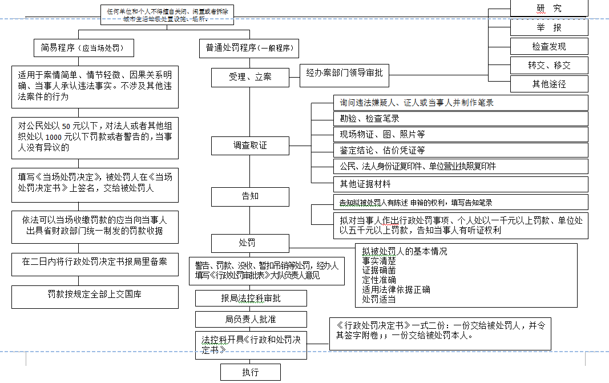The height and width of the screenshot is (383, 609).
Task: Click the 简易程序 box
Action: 83,48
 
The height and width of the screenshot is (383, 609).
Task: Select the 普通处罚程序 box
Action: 249,48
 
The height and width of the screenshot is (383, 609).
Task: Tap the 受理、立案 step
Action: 250,77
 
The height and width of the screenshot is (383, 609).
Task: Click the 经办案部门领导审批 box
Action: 344,73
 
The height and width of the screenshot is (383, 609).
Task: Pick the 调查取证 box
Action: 250,146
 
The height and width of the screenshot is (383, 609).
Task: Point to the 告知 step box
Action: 250,196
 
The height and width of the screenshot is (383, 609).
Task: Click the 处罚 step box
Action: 250,243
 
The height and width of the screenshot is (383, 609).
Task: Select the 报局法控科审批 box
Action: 251,299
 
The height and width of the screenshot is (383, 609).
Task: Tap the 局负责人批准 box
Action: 251,319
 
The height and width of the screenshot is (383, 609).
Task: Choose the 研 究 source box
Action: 548,8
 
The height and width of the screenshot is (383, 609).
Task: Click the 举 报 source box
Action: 548,27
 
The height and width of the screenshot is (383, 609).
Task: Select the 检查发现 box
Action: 548,46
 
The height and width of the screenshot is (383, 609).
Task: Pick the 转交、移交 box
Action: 548,65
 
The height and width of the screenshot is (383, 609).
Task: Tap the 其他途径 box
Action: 548,84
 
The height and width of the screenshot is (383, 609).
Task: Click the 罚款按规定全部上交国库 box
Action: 95,296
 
